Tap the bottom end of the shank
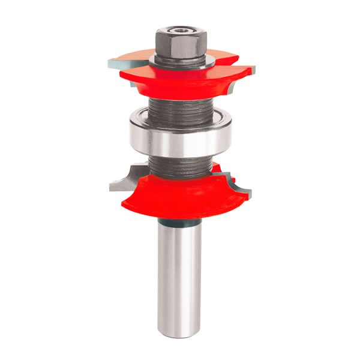pyautogui.click(x=179, y=329)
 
